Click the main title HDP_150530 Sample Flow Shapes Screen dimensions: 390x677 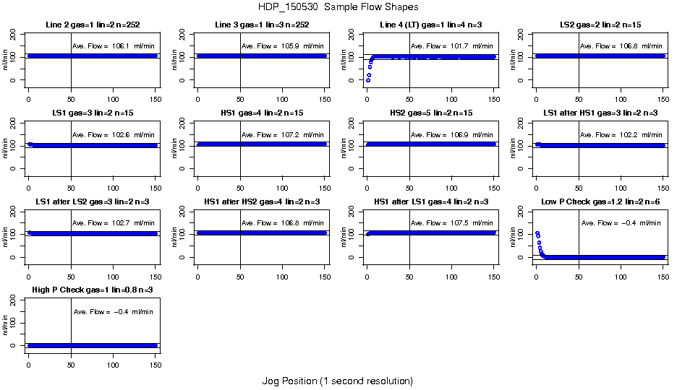coord(338,7)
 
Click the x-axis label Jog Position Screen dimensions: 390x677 coord(337,381)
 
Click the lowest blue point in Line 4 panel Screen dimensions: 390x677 coord(367,80)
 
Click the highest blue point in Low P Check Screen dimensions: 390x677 coord(537,233)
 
